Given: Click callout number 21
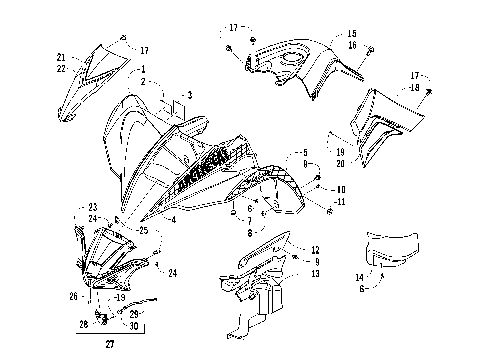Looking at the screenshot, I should (x=60, y=57).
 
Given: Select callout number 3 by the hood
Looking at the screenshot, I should (x=186, y=95).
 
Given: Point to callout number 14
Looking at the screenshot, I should (x=359, y=277).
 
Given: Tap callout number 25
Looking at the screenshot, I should (x=143, y=231).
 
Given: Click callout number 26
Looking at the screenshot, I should (x=72, y=296).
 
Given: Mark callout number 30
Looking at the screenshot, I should (x=133, y=325).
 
